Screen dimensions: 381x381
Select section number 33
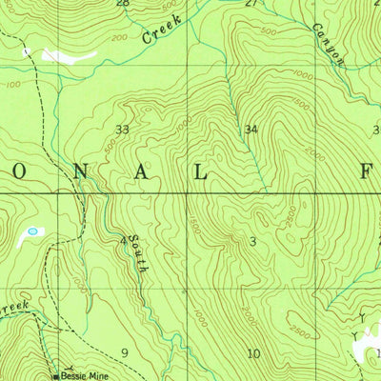tap(122, 129)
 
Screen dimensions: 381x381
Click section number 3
tap(252, 242)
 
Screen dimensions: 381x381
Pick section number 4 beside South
tap(124, 241)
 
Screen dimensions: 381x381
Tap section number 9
tap(125, 353)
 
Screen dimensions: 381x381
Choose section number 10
tap(253, 354)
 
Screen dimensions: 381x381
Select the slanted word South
tap(139, 254)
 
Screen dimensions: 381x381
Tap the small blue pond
tap(35, 231)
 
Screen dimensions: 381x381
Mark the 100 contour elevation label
tap(12, 85)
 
